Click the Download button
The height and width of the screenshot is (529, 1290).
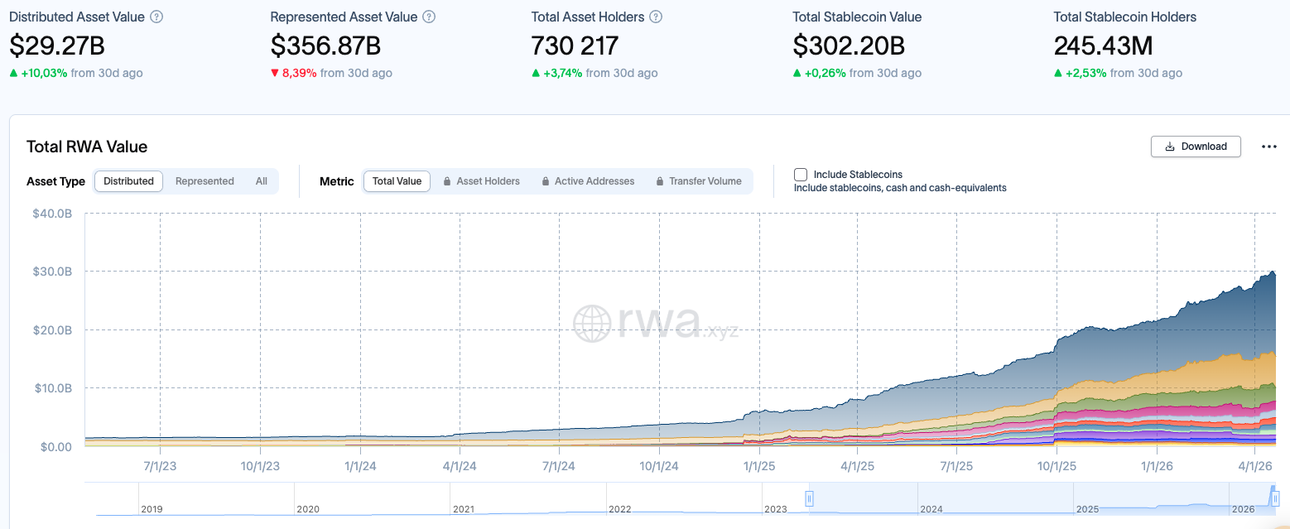(1195, 147)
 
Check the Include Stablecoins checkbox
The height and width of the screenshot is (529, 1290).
(801, 175)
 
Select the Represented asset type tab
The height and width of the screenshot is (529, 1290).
(205, 181)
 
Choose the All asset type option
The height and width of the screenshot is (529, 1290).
(262, 181)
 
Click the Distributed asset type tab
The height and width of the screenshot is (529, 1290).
(129, 181)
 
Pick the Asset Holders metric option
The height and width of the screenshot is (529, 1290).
(482, 181)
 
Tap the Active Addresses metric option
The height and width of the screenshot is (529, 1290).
(588, 181)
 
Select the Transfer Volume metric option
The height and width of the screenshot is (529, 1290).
(699, 181)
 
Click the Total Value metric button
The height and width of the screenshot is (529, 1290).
(397, 181)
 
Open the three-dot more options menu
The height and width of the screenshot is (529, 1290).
(1268, 147)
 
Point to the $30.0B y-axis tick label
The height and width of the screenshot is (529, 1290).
(52, 272)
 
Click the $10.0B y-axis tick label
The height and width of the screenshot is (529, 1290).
(52, 388)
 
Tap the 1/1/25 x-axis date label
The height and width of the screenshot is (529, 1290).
(758, 466)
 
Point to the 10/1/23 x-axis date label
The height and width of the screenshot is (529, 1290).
(260, 466)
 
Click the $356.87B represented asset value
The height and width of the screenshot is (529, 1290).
(325, 46)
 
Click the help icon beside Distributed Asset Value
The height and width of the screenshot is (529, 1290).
(156, 17)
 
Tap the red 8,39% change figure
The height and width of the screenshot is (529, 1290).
(299, 73)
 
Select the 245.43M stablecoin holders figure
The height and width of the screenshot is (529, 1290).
(1103, 46)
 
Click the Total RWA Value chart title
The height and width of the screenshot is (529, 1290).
(87, 147)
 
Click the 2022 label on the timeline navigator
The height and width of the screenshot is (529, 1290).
(619, 509)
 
